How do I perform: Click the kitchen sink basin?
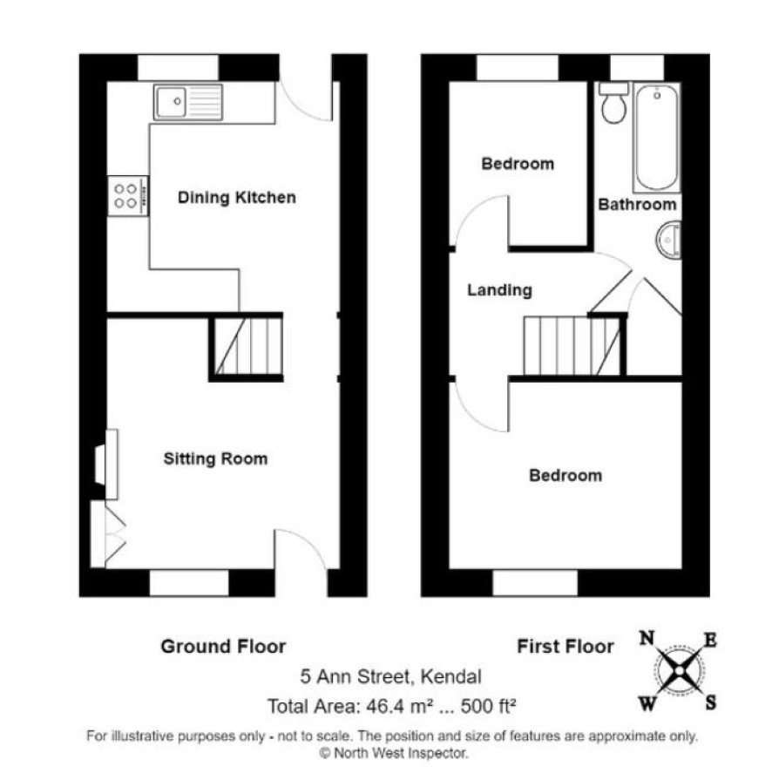coord(171,102)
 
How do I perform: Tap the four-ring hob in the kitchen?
coord(128,195)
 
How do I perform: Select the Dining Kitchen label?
coord(237,198)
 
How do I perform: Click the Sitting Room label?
coord(215,458)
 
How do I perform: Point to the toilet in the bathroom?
coord(613,104)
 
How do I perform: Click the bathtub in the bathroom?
coord(657,138)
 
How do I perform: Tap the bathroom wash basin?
coord(669,241)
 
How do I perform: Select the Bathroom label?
coord(637,205)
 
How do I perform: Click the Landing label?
coord(499,290)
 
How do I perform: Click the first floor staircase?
coord(572,346)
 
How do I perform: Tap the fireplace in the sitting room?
coord(106,465)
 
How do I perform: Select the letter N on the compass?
coord(647,638)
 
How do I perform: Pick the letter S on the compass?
coord(711,703)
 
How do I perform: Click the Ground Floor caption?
coord(223,647)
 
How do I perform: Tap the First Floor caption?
coord(565,647)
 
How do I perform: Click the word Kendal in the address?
coord(451,676)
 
